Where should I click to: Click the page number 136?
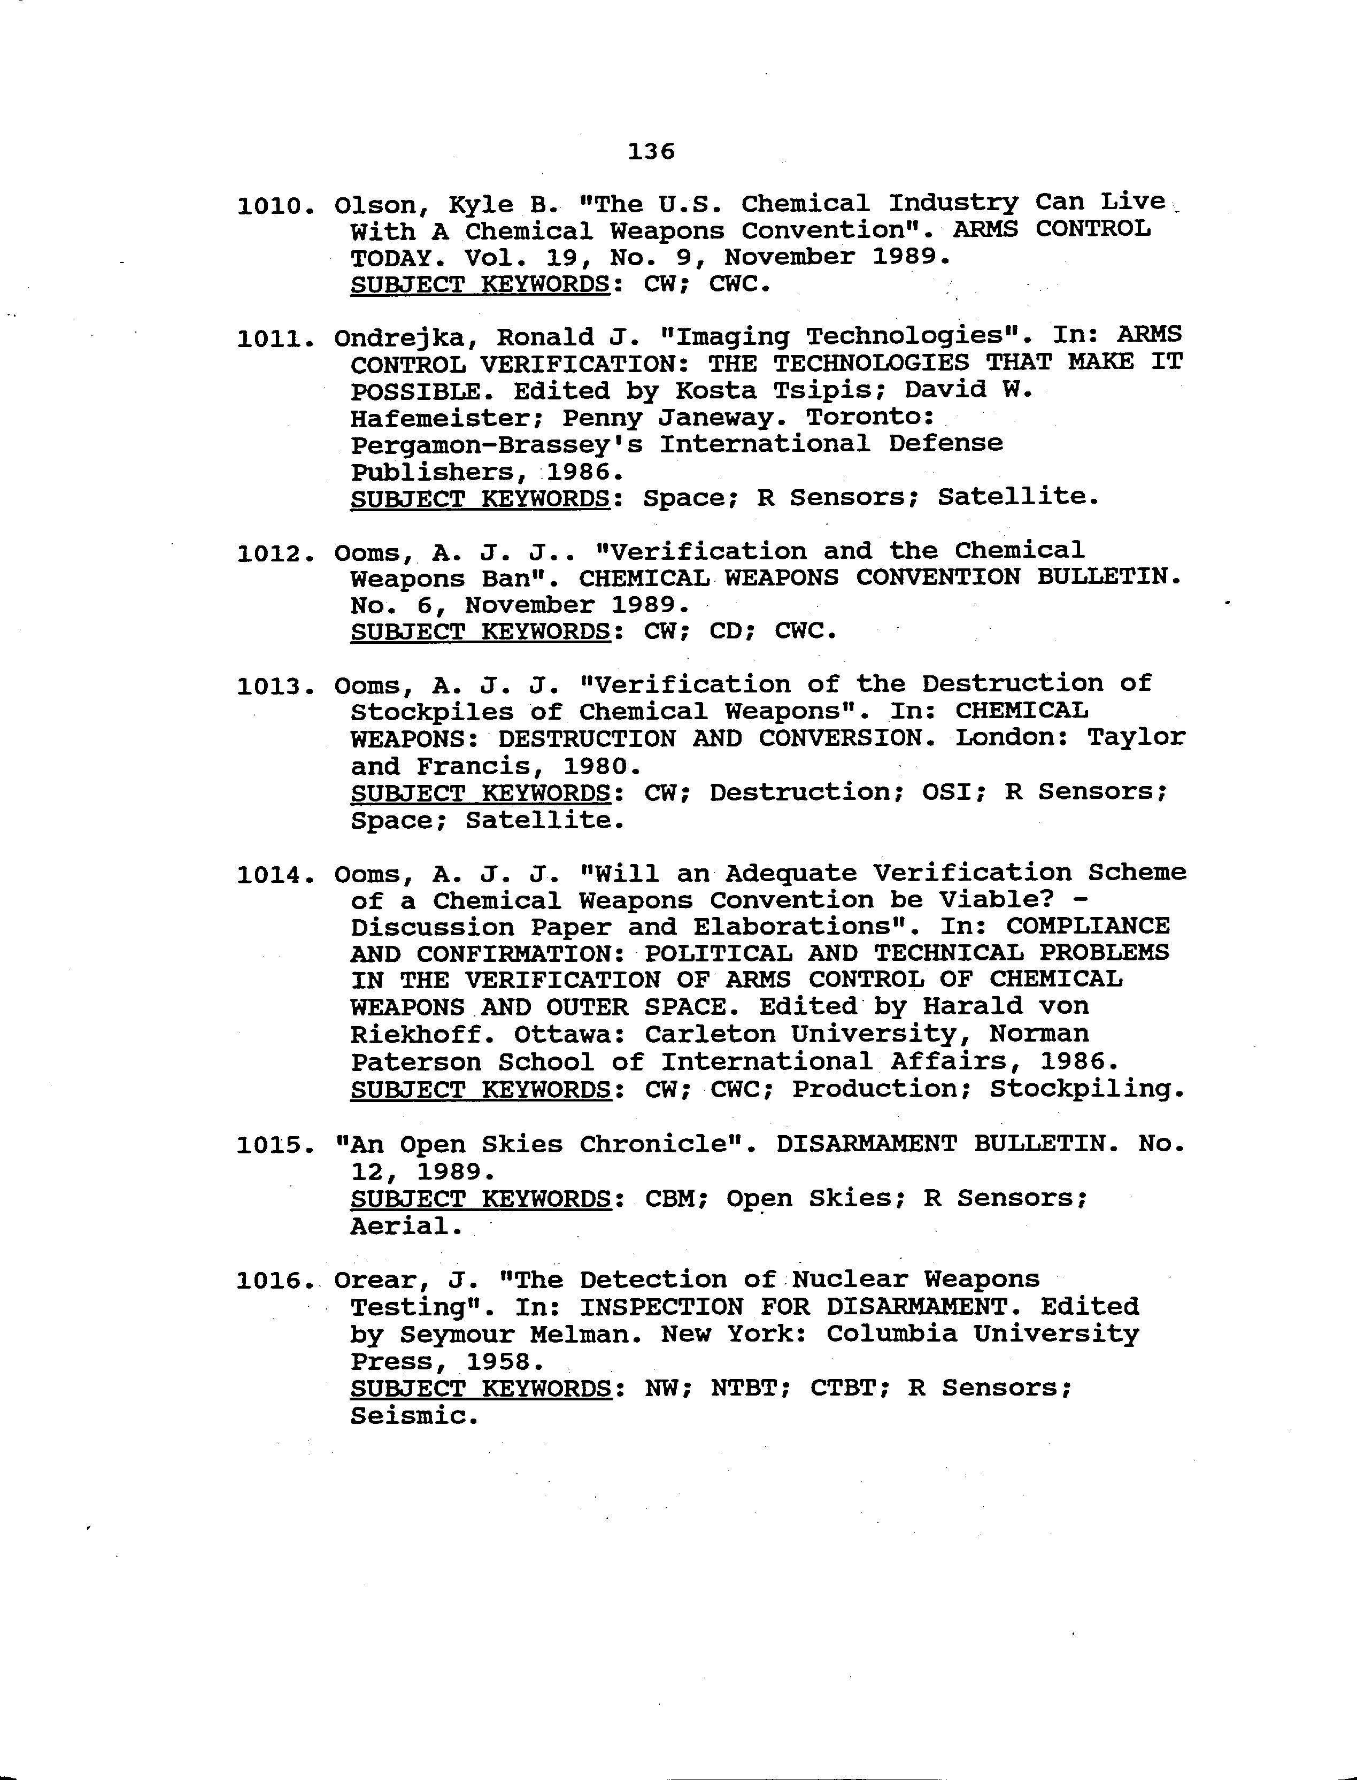tap(651, 151)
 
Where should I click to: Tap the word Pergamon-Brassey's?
tap(496, 445)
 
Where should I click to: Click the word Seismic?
tap(413, 1416)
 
